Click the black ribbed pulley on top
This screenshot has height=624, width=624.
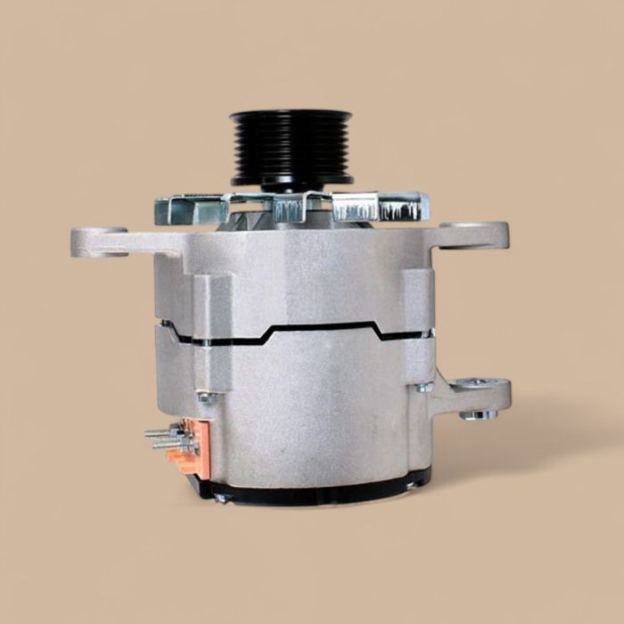(x=291, y=148)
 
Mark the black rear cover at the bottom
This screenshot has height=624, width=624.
(x=312, y=489)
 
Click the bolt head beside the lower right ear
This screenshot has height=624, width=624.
(x=425, y=386)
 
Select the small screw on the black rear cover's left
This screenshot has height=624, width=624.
(x=219, y=497)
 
